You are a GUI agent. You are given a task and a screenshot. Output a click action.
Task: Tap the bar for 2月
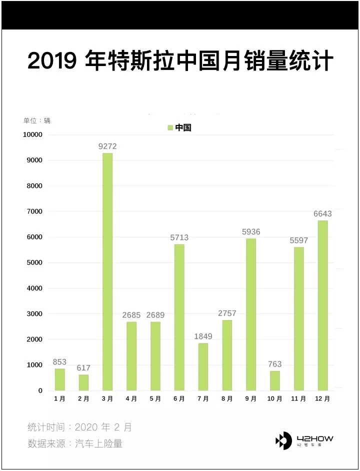(83, 382)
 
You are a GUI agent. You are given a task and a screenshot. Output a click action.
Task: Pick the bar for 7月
(203, 366)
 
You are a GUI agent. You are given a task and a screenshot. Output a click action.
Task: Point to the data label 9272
(107, 146)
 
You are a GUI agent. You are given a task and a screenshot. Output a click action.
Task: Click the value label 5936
(251, 232)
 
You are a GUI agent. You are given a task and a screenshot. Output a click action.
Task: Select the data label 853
(59, 362)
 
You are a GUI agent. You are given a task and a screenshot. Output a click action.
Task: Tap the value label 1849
(203, 336)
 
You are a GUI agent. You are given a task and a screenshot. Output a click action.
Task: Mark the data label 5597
(299, 240)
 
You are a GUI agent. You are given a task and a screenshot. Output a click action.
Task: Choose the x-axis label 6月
(179, 399)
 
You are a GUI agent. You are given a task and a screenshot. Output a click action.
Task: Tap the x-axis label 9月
(251, 399)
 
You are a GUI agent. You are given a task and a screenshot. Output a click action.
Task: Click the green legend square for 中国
(170, 128)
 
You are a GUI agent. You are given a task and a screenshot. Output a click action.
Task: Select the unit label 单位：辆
(37, 120)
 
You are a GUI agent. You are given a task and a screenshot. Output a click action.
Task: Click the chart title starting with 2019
(180, 61)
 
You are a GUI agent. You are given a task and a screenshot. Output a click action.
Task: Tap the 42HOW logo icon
(283, 440)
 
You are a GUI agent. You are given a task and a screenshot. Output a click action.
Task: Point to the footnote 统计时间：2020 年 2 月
(80, 427)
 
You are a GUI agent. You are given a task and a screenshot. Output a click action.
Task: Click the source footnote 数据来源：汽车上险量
(75, 443)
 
